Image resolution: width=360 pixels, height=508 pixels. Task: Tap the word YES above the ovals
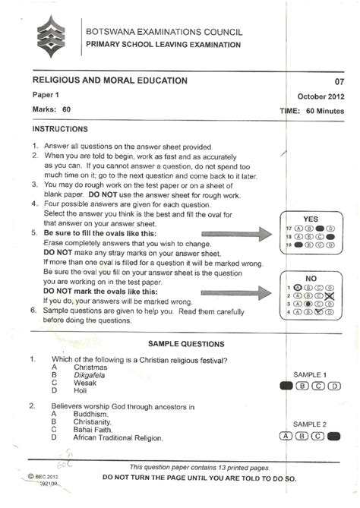(310, 216)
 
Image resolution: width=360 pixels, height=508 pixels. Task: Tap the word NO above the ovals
(310, 278)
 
